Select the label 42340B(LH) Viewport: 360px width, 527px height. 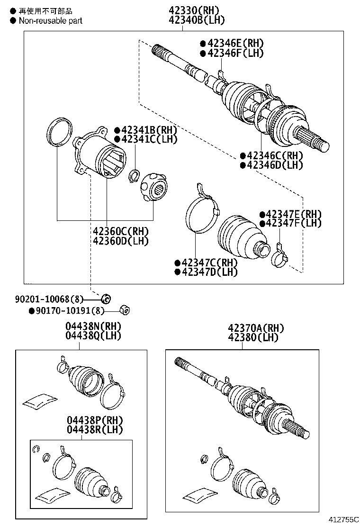pyautogui.click(x=196, y=20)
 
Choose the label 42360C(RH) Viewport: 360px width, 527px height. pyautogui.click(x=121, y=231)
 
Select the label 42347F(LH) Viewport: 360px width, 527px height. pyautogui.click(x=294, y=223)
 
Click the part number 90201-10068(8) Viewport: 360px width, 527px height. pyautogui.click(x=49, y=299)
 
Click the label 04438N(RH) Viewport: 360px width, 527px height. pyautogui.click(x=93, y=327)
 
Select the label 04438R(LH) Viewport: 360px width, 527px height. pyautogui.click(x=95, y=430)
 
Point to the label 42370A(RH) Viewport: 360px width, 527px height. pyautogui.click(x=255, y=328)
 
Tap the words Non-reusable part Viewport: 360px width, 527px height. pyautogui.click(x=51, y=20)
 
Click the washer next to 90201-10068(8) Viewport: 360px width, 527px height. pyautogui.click(x=106, y=299)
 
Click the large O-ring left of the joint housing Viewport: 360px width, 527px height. pyautogui.click(x=60, y=130)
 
